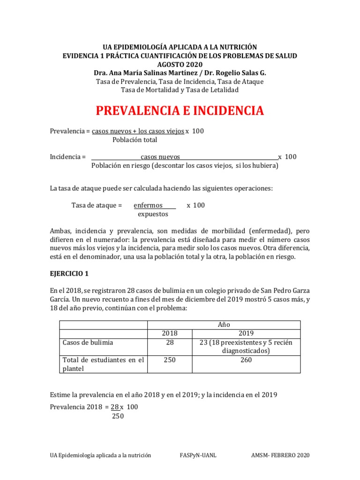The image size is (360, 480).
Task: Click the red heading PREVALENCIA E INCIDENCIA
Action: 180,111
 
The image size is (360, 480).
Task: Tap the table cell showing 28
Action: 170,342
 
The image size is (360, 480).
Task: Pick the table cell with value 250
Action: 170,360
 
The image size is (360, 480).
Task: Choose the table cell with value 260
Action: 246,360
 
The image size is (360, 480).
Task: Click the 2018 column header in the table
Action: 170,333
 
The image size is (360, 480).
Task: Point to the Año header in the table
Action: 224,324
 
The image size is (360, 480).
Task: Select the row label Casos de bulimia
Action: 88,342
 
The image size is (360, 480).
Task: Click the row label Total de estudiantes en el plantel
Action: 103,364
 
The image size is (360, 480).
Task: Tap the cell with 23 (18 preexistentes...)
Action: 246,346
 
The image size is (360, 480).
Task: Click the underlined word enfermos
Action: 148,205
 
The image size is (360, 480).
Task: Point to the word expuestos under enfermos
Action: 153,214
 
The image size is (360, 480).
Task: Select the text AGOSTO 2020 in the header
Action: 180,64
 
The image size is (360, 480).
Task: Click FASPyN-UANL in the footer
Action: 197,455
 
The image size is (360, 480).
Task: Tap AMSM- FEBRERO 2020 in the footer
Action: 280,455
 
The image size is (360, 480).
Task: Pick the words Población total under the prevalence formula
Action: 135,140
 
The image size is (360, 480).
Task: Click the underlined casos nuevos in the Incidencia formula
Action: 160,157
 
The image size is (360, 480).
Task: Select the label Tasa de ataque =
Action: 97,205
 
